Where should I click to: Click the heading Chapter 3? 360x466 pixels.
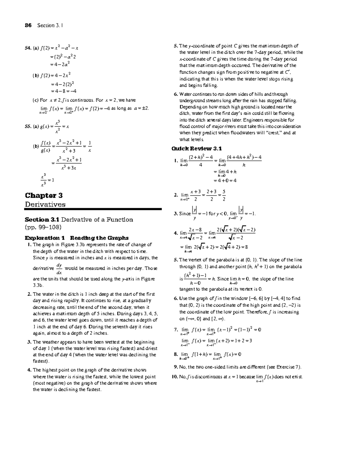click(x=44, y=195)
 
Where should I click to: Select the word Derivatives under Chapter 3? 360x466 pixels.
click(x=45, y=204)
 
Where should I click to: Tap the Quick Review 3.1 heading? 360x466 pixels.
click(x=196, y=149)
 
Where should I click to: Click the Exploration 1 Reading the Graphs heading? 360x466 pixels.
click(x=76, y=238)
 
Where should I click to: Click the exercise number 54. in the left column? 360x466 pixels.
click(x=28, y=48)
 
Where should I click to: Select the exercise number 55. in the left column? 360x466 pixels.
click(x=28, y=126)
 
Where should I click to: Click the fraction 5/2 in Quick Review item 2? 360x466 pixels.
click(x=224, y=195)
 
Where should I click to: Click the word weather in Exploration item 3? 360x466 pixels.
click(x=49, y=342)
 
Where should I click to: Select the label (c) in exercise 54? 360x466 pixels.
click(x=35, y=100)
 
